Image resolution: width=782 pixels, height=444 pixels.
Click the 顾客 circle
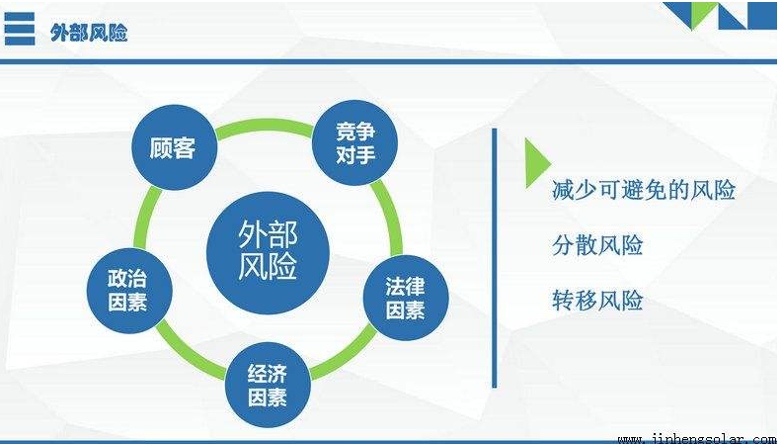click(174, 147)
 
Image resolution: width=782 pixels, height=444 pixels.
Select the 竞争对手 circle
click(354, 142)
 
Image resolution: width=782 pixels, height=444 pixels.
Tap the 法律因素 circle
click(406, 298)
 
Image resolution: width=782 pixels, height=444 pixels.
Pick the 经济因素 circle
click(268, 385)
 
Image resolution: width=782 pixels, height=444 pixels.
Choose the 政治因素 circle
click(129, 290)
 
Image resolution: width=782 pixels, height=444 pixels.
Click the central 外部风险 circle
click(268, 252)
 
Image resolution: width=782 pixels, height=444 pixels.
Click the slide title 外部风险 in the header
click(89, 33)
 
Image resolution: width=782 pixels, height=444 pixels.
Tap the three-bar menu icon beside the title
click(20, 29)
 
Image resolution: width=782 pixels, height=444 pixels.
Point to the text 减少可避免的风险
click(644, 190)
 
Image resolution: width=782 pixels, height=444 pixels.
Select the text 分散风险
click(597, 245)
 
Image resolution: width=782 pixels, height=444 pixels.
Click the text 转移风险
click(597, 301)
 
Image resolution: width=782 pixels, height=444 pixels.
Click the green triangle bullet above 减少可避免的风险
click(537, 163)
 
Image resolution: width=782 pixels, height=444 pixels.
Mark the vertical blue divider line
click(495, 258)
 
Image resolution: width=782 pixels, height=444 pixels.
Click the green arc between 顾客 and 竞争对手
click(265, 125)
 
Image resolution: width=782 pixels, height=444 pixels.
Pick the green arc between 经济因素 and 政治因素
click(187, 352)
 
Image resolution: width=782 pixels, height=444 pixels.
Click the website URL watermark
click(697, 439)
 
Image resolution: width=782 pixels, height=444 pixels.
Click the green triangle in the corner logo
click(703, 13)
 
